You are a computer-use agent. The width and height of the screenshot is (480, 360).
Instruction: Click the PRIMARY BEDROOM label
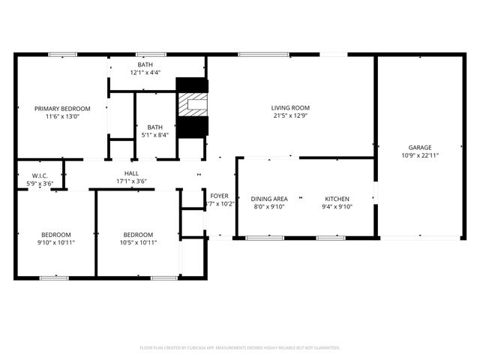62,108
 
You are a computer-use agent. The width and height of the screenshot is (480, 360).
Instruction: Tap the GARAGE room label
420,148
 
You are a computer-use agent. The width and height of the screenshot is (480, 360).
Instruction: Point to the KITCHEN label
337,199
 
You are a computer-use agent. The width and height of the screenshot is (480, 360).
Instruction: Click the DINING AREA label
269,199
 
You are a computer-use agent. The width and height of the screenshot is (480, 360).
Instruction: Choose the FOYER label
219,196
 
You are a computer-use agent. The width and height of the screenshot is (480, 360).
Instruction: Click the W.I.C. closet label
40,175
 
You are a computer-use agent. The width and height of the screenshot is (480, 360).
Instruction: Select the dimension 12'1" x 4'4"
145,73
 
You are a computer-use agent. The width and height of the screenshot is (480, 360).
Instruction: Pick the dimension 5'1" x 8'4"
155,135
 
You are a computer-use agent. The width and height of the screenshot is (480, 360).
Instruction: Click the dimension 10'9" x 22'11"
420,155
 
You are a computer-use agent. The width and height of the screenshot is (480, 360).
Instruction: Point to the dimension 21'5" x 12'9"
290,115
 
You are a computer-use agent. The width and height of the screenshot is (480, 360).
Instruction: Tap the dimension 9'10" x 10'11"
56,242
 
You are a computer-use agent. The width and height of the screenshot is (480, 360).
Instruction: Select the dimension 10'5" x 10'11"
138,242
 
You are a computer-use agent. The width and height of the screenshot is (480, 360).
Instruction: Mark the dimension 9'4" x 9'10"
337,207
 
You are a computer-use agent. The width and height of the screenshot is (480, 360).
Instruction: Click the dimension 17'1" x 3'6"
131,181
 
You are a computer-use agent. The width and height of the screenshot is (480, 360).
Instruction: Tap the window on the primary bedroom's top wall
63,54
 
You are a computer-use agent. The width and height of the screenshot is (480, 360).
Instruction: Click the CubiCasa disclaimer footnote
240,347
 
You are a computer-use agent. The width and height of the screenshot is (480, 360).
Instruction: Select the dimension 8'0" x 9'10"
269,207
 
